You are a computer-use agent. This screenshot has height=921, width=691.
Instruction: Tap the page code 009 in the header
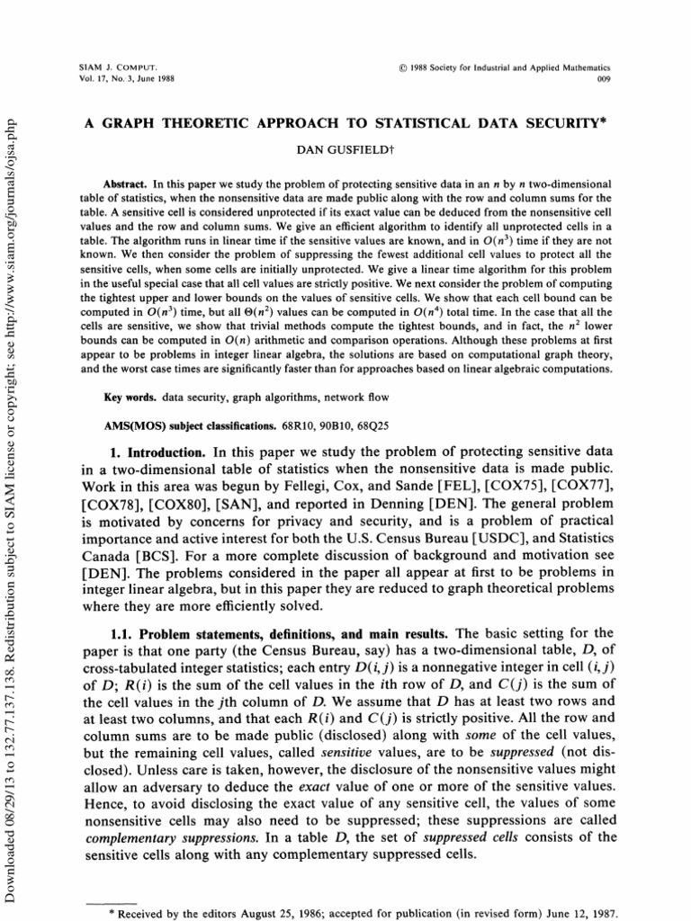[604, 78]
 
